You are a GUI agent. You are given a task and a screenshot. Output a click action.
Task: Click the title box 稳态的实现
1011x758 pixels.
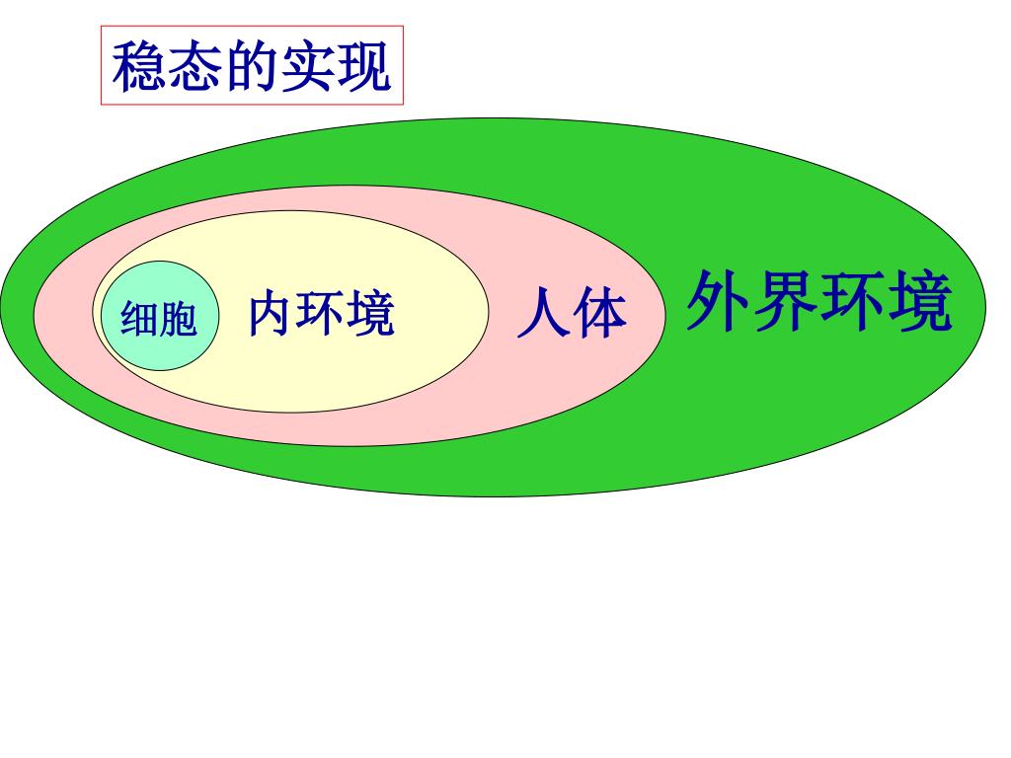pyautogui.click(x=253, y=66)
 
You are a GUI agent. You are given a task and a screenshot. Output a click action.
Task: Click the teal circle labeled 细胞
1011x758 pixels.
pyautogui.click(x=156, y=316)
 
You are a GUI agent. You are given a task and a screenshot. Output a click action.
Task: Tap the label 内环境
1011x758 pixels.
pyautogui.click(x=321, y=314)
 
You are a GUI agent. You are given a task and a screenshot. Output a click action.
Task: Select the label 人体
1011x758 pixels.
pyautogui.click(x=572, y=314)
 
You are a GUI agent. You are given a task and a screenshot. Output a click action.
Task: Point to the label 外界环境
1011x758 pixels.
pyautogui.click(x=818, y=301)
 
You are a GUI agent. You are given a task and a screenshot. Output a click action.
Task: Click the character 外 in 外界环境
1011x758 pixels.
pyautogui.click(x=719, y=301)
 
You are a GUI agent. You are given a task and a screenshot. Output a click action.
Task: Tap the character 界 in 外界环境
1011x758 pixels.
pyautogui.click(x=785, y=301)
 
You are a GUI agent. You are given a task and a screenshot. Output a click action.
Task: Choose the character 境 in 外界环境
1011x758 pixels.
pyautogui.click(x=919, y=301)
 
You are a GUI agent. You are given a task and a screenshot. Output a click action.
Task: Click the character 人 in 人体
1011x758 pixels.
pyautogui.click(x=543, y=314)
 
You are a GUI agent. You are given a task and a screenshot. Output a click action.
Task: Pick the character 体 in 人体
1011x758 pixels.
pyautogui.click(x=599, y=314)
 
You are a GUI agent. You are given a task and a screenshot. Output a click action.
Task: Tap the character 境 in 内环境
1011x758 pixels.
pyautogui.click(x=370, y=314)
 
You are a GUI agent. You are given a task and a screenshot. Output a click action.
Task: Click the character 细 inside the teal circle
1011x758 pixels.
pyautogui.click(x=139, y=319)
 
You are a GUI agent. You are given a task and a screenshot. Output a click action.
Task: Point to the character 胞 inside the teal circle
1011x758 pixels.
pyautogui.click(x=178, y=319)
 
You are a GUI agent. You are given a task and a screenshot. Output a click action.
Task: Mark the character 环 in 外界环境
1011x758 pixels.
pyautogui.click(x=852, y=301)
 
